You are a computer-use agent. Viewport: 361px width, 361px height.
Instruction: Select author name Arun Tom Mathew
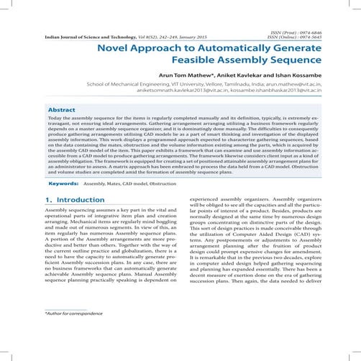coord(185,75)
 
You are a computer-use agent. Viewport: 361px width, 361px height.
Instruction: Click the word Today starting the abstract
coord(55,117)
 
